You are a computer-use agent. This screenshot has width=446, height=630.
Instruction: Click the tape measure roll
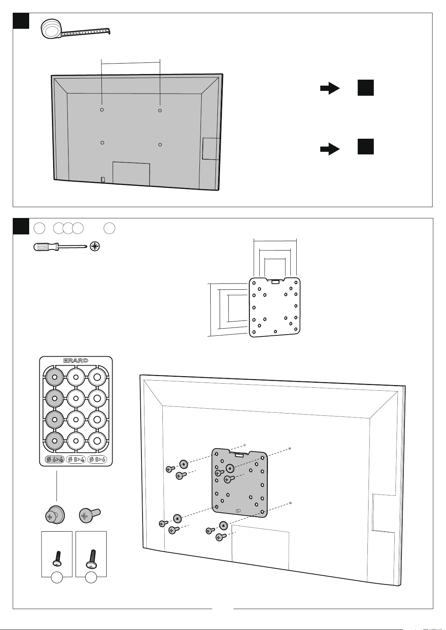click(51, 28)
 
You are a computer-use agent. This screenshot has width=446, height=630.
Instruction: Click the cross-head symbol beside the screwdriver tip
click(95, 247)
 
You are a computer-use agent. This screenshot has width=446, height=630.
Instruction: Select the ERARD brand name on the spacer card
click(76, 360)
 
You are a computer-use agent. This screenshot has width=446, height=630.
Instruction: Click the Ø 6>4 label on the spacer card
click(55, 459)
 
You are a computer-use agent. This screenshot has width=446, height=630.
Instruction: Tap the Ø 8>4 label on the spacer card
click(76, 459)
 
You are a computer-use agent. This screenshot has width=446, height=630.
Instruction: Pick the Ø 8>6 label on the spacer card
click(97, 459)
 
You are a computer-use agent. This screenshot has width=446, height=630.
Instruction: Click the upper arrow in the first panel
click(330, 88)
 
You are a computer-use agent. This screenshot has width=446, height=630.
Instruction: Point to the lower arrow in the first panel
click(330, 149)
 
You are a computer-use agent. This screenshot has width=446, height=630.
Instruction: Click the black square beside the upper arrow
click(366, 88)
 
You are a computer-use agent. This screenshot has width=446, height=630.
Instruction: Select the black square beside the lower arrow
click(366, 147)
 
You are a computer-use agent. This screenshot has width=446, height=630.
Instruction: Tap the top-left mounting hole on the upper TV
click(102, 110)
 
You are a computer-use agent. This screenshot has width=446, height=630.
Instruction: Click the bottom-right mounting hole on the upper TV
click(160, 145)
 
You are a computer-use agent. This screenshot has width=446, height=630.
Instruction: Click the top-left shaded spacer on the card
click(55, 377)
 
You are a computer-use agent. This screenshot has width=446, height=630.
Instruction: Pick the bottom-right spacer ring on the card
click(97, 441)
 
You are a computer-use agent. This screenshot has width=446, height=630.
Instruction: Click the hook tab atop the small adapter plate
click(275, 281)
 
